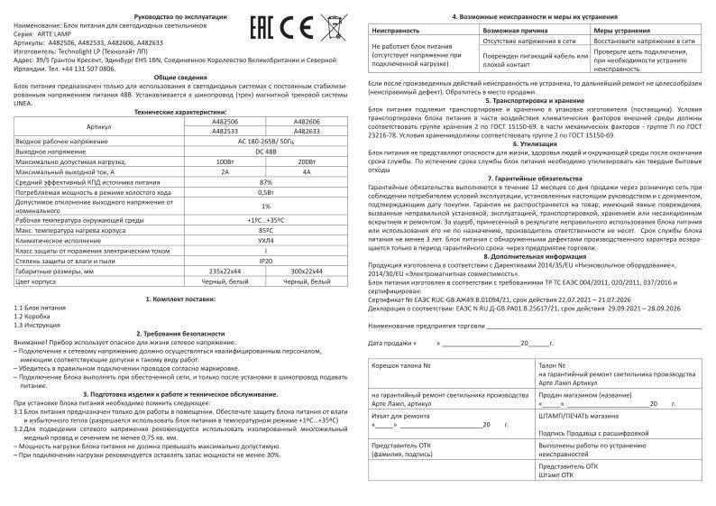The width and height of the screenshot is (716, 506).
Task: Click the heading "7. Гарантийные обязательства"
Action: point(539,179)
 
